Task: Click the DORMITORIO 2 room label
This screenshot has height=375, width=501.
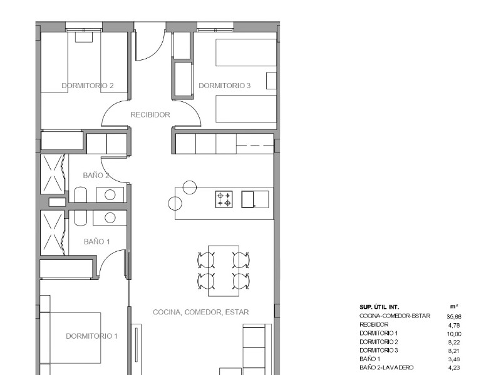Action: (x=87, y=86)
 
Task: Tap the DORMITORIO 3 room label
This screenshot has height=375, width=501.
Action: (x=224, y=86)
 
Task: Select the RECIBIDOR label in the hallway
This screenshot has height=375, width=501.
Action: (x=150, y=115)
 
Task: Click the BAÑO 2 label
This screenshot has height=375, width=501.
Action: (x=96, y=176)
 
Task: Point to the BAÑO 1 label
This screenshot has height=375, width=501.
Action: (x=96, y=241)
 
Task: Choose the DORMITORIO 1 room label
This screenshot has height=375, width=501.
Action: (x=91, y=336)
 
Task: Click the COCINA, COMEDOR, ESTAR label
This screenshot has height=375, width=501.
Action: (x=201, y=312)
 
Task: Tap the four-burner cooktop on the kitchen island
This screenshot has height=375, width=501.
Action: (x=224, y=199)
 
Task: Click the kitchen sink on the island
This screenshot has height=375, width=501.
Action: (x=255, y=199)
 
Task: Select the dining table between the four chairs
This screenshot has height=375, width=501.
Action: (x=224, y=269)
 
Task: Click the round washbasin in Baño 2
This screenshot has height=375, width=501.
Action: (x=110, y=194)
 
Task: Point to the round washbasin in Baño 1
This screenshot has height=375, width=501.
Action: (x=110, y=218)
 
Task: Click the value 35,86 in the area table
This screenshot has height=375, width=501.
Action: (x=454, y=316)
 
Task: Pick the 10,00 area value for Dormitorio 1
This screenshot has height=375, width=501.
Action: (x=454, y=334)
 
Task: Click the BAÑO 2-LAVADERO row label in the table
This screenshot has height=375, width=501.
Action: (x=386, y=368)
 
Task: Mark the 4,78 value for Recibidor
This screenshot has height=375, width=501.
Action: (x=454, y=325)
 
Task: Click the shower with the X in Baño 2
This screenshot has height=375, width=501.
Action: (x=53, y=174)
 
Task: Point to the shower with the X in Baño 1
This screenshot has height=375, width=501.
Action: (x=53, y=232)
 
